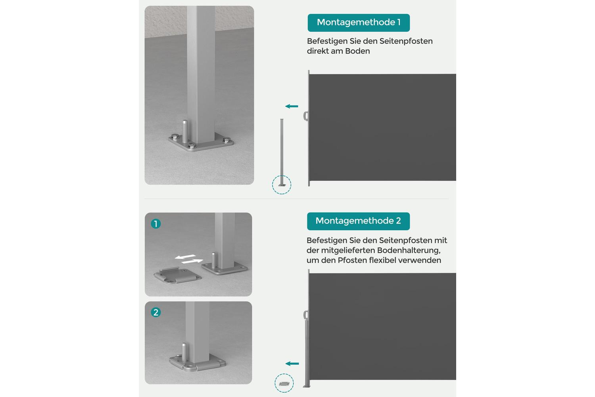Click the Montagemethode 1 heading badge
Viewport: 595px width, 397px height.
tap(359, 23)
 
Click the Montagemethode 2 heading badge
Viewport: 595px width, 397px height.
tap(358, 221)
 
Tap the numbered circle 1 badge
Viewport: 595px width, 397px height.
tap(155, 224)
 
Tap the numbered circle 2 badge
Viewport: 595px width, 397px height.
tap(155, 312)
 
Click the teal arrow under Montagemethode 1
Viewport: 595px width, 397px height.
tap(292, 106)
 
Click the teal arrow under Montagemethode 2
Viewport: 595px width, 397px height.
tap(292, 364)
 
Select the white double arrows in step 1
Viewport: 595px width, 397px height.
tap(189, 259)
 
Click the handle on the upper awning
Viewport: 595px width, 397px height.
tap(306, 116)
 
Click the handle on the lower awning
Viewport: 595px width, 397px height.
tap(306, 315)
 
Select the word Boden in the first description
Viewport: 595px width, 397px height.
tap(357, 51)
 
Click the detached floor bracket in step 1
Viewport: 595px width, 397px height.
tap(177, 276)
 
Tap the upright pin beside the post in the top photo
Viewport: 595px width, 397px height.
tap(184, 131)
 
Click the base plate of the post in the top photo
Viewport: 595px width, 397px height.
tap(201, 142)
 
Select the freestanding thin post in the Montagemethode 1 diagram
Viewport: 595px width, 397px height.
tap(282, 152)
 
